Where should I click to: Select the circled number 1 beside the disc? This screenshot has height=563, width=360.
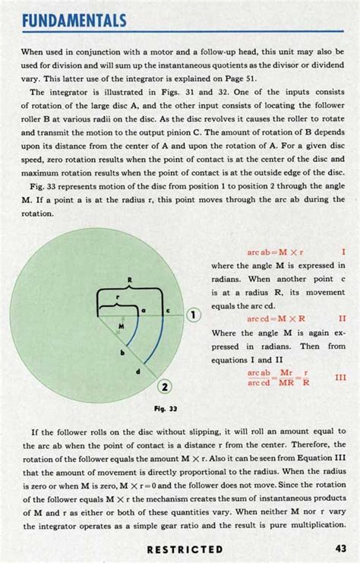tap(194, 314)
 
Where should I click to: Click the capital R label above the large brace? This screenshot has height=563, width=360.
tap(131, 280)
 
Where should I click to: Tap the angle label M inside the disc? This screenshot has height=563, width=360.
tap(120, 326)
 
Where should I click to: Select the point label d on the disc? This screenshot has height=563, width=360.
tap(137, 372)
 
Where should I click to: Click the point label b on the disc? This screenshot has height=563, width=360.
tap(122, 353)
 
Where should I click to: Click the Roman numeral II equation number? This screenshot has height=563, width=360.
tap(342, 320)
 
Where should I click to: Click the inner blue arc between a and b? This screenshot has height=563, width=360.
tap(136, 331)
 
